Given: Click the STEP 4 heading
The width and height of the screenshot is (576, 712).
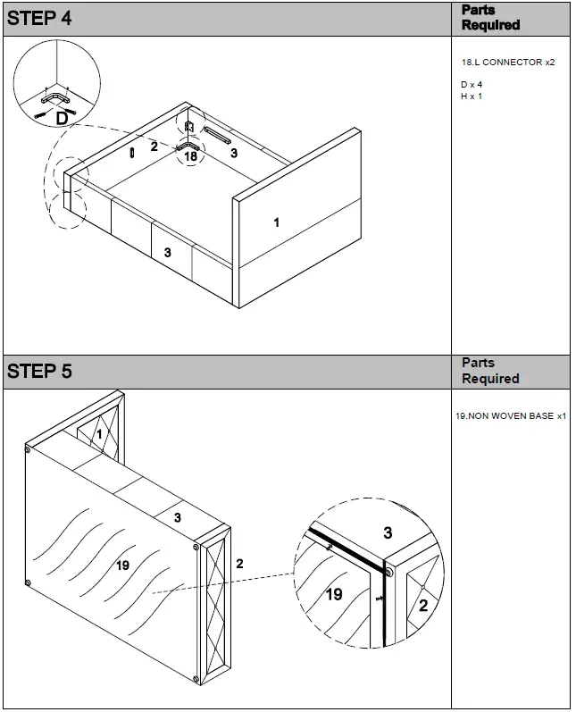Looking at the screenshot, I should (39, 19).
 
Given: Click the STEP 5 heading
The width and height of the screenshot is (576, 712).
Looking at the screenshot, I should (39, 372).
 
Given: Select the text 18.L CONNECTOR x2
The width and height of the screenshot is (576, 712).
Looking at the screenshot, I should (508, 63).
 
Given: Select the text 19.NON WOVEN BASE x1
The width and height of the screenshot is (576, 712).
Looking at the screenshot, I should (511, 416).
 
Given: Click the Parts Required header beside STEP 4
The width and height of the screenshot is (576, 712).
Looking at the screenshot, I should (490, 18).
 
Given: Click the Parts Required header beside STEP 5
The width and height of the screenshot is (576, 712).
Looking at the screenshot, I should (490, 371).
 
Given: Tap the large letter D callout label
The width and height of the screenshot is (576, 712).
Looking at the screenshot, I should (62, 118).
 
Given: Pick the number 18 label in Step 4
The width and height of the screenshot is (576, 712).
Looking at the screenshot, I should (190, 156).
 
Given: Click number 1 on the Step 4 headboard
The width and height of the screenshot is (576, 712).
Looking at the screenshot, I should (276, 222).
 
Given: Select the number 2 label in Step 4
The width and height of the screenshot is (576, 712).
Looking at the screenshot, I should (154, 147).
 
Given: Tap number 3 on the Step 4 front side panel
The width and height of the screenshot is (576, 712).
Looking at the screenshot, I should (167, 253).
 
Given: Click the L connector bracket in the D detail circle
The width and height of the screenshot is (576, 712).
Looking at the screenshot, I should (55, 100).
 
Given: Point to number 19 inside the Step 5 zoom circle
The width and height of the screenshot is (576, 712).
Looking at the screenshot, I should (333, 594).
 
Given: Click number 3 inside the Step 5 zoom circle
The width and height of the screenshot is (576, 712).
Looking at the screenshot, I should (388, 533).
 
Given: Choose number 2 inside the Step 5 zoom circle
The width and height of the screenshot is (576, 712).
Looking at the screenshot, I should (423, 606).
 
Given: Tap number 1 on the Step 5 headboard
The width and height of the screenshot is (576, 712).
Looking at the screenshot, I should (100, 433).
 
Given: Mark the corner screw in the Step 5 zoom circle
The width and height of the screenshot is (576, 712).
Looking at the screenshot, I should (388, 570).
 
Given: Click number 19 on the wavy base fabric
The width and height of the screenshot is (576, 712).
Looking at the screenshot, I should (123, 565).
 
